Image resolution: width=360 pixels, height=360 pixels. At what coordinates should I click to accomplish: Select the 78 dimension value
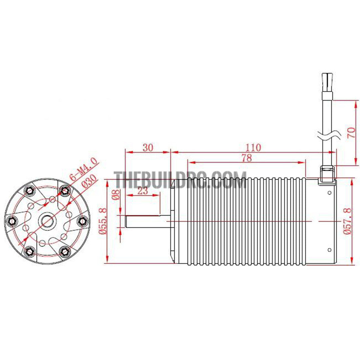pyautogui.click(x=247, y=158)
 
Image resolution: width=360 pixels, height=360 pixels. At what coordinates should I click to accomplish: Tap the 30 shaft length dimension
pyautogui.click(x=148, y=148)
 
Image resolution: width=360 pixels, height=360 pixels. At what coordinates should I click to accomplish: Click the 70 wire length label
pyautogui.click(x=352, y=133)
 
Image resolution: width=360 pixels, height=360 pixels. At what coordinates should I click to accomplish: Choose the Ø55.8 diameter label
pyautogui.click(x=103, y=221)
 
